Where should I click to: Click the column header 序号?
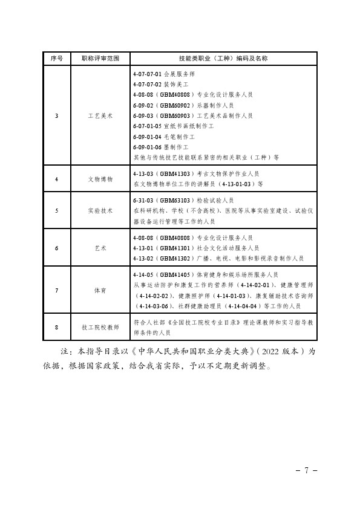coord(56,59)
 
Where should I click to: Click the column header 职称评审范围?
coord(100,59)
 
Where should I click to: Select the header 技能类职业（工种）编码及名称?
coord(223,59)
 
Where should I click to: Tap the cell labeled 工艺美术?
coord(100,115)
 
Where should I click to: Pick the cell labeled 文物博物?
coord(100,179)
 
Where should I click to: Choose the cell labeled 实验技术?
coord(100,211)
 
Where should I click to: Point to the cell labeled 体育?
coord(100,290)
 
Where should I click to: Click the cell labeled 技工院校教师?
coord(100,327)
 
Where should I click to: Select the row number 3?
coord(56,115)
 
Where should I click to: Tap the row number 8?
coord(56,327)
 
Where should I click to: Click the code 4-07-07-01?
coord(147,74)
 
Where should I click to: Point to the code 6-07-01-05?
coord(147,126)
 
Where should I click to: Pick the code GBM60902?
coord(175,105)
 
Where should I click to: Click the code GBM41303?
coord(175,173)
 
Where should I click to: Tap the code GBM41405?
coord(175,274)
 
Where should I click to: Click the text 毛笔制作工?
coord(179,137)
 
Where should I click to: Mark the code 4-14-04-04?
coord(243,306)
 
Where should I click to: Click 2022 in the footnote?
coord(271,352)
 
